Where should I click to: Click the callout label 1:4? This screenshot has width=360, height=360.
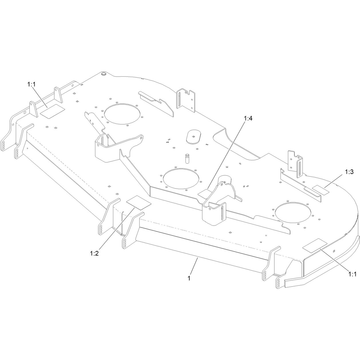248,118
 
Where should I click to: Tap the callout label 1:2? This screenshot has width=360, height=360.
94,254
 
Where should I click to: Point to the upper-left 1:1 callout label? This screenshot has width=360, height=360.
31,84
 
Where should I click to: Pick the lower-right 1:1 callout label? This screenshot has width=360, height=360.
353,274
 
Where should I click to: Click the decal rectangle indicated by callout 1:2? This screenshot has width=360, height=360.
139,203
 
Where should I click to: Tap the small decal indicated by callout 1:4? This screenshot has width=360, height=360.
205,194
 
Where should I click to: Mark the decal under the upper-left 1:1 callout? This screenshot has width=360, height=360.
52,112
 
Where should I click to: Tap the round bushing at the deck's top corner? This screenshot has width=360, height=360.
103,74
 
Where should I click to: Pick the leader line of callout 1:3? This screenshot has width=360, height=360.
333,181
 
